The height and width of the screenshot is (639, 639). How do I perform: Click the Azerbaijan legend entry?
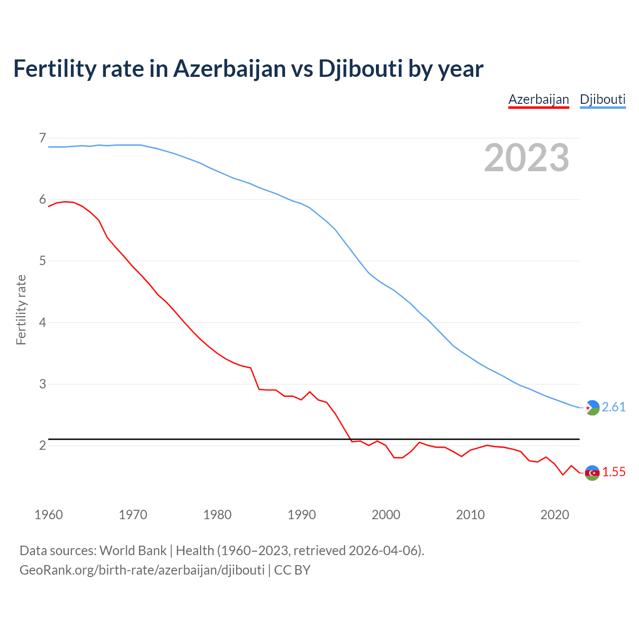539,99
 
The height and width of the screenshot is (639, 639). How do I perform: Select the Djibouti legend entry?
603,99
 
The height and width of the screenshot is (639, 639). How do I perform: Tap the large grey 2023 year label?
527,158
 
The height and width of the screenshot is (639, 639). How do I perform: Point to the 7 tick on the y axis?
42,137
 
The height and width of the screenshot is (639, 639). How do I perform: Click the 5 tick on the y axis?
42,261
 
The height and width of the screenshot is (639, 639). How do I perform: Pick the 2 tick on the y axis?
42,445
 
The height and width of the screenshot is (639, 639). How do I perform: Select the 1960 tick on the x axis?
48,515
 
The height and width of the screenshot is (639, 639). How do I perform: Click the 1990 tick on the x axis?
302,515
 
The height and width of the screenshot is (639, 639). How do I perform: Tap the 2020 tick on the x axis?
555,515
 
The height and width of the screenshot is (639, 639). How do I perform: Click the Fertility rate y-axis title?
21,310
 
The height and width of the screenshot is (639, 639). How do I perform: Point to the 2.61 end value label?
614,407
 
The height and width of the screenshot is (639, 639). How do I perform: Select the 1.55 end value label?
614,472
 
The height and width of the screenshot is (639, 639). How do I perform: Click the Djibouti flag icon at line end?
592,408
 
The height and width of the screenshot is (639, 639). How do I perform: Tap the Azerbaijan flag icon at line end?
592,473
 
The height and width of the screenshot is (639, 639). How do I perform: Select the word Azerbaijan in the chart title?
230,69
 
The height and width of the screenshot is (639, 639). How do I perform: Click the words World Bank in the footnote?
133,551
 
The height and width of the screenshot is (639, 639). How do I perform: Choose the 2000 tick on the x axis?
386,515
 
